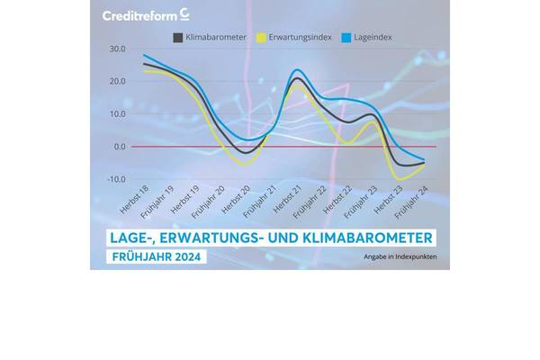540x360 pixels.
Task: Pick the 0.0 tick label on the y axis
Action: tap(119, 146)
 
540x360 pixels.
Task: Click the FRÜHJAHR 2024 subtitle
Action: tap(157, 257)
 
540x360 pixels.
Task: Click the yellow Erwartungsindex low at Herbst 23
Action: tap(400, 180)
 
